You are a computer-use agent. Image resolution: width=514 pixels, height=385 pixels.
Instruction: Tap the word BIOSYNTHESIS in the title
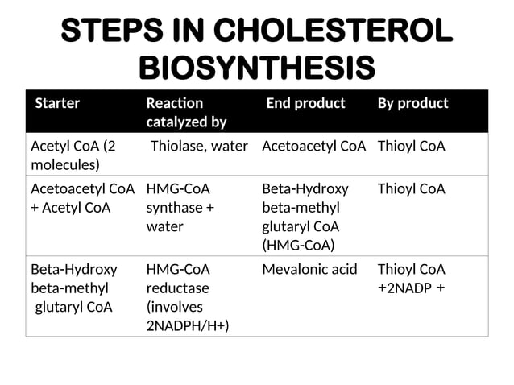(x=257, y=68)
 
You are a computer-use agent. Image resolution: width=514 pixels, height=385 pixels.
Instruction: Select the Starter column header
(x=57, y=103)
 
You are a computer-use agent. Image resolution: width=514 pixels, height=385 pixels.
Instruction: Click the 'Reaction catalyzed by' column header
(x=186, y=112)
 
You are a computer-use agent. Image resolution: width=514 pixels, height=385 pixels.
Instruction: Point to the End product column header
(x=305, y=103)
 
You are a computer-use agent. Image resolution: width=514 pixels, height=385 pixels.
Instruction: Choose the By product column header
(x=412, y=103)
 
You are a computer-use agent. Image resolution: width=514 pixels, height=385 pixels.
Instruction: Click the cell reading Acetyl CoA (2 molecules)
(x=73, y=155)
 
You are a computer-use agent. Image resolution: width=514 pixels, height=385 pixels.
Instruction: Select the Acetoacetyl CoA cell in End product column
(x=314, y=147)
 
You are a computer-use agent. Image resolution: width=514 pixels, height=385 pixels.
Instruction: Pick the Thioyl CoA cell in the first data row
(x=411, y=147)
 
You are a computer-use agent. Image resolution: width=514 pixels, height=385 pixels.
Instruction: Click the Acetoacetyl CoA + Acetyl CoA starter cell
(x=81, y=198)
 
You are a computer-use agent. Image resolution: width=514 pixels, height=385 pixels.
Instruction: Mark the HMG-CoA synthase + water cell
(x=180, y=208)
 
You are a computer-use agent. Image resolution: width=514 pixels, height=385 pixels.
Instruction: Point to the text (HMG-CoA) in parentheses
(x=298, y=244)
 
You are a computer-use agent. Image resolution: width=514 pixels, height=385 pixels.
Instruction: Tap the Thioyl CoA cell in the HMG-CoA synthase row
(x=411, y=189)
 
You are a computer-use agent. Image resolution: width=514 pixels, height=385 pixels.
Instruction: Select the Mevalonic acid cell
(x=309, y=269)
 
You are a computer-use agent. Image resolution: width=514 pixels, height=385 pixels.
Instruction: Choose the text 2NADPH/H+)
(x=188, y=325)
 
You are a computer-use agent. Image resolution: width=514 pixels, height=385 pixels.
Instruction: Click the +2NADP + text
(x=411, y=288)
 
